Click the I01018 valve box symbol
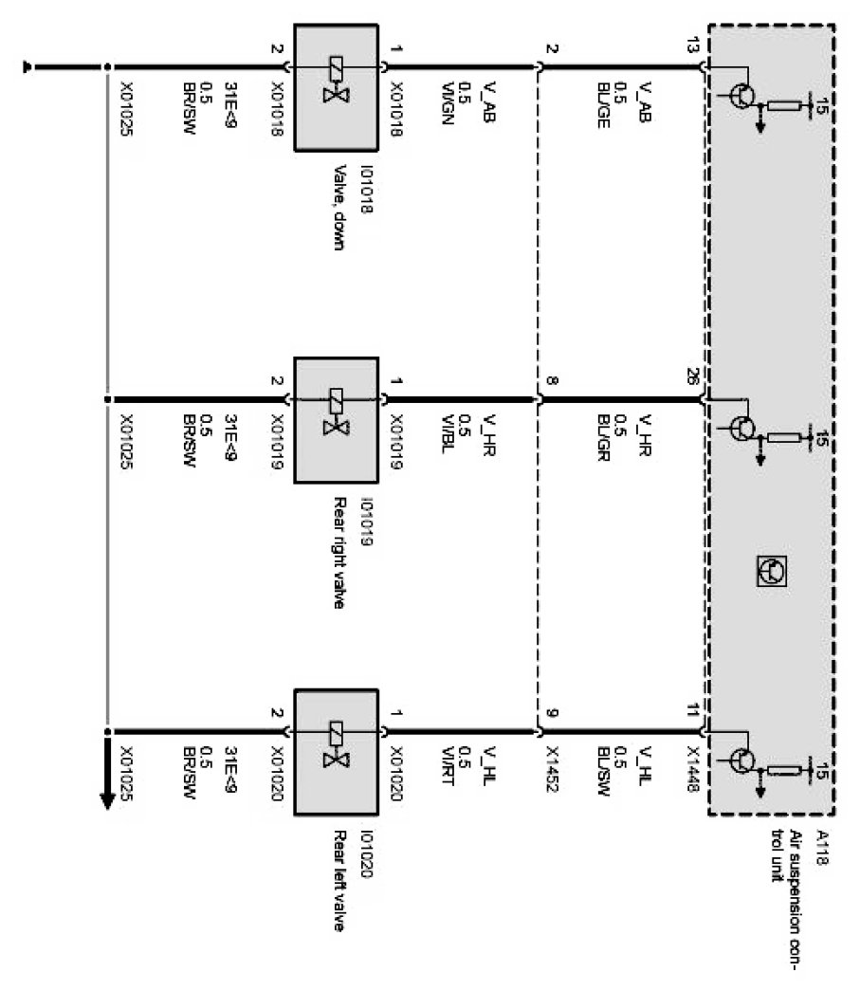click(337, 87)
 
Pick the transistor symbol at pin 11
click(745, 759)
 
